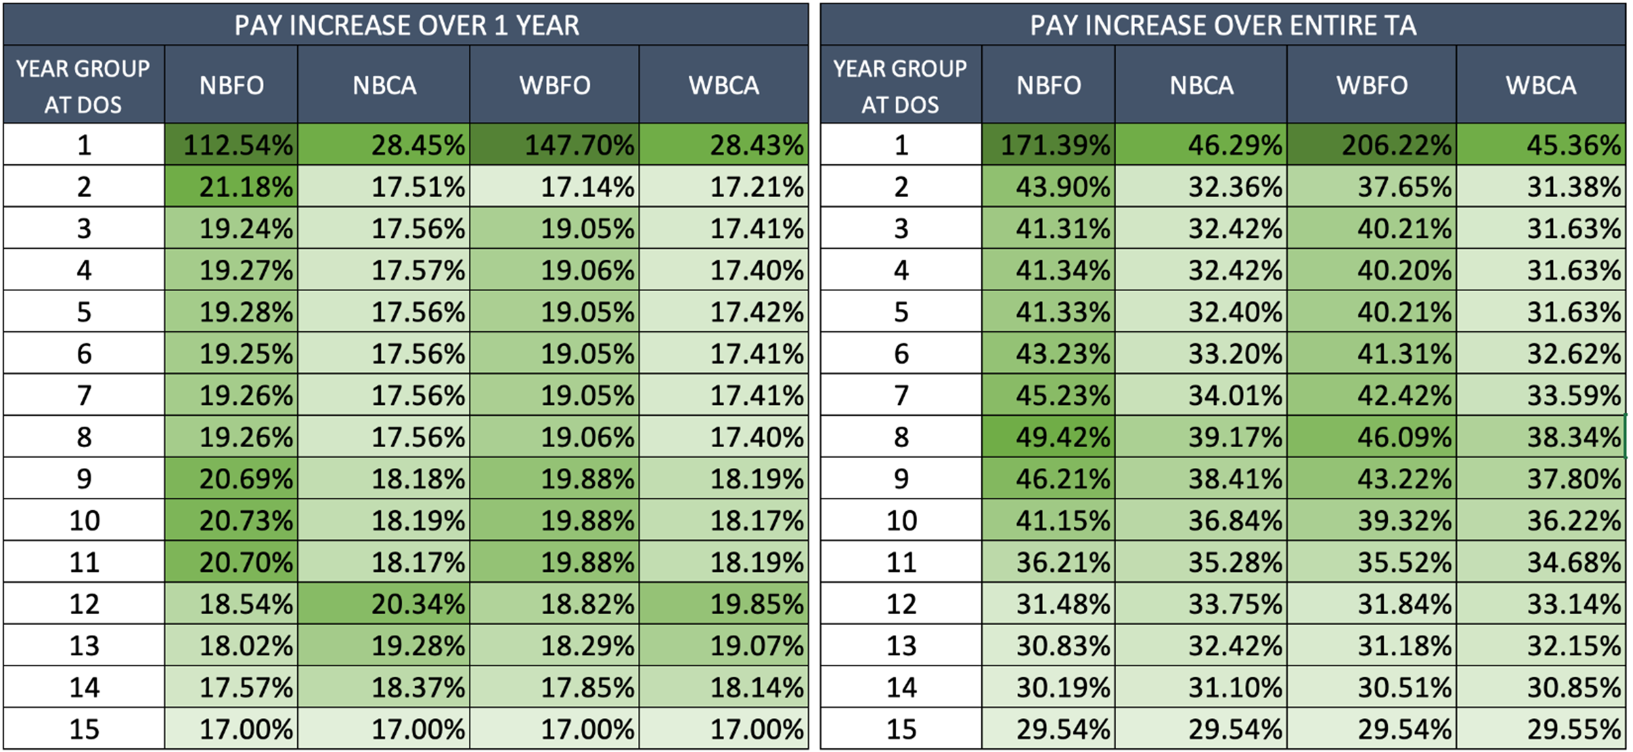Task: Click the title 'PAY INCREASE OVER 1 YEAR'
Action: tap(406, 26)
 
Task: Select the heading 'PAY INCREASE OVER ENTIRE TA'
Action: tap(1223, 26)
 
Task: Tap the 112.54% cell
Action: tap(231, 145)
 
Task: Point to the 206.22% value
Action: tap(1372, 145)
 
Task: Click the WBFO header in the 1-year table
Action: tap(555, 85)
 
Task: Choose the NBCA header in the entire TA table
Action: tap(1201, 85)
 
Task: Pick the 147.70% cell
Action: tap(555, 145)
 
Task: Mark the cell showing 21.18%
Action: tap(231, 186)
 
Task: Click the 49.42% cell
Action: tap(1048, 437)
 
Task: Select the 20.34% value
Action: tap(384, 604)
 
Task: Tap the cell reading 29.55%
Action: tap(1541, 729)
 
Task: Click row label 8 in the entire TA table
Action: tap(901, 437)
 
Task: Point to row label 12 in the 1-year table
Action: tap(84, 604)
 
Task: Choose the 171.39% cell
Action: tap(1048, 145)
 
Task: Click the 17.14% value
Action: tap(555, 186)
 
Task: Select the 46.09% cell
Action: tap(1372, 437)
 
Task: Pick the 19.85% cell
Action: tap(724, 604)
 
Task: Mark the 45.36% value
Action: tap(1541, 145)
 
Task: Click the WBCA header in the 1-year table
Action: tap(724, 85)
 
